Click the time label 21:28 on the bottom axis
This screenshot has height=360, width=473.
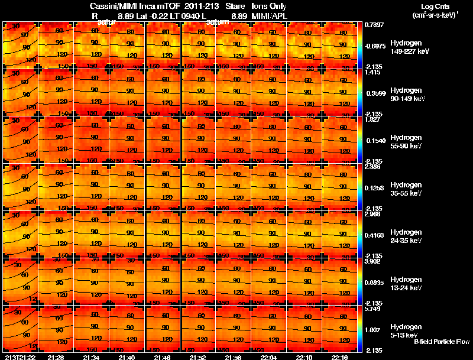[56, 357]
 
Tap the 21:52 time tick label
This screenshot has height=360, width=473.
[197, 357]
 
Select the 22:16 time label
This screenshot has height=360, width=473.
[339, 357]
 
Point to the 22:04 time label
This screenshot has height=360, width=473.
[268, 357]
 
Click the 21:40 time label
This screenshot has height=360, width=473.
[127, 357]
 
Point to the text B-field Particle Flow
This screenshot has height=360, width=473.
[442, 342]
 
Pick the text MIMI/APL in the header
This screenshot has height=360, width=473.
[268, 15]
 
